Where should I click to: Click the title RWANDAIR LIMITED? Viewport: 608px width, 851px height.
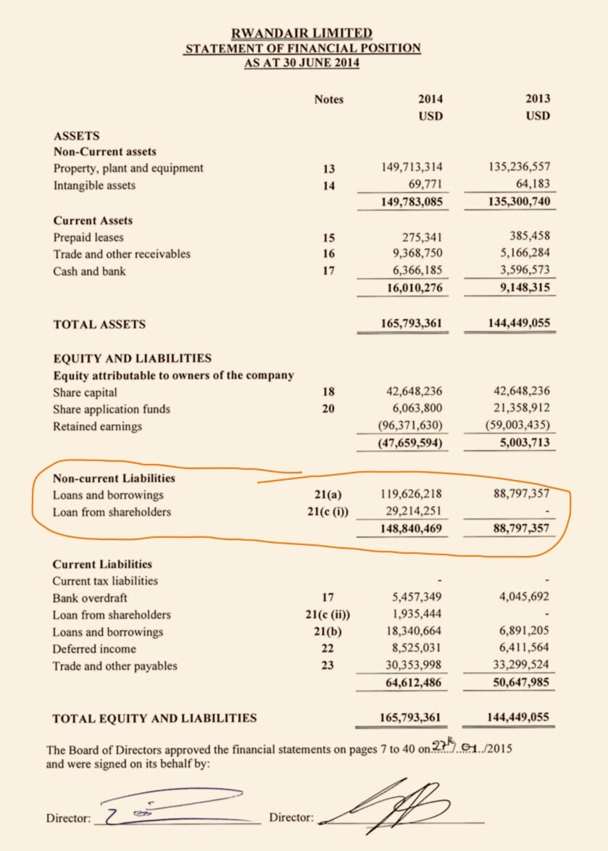coord(301,33)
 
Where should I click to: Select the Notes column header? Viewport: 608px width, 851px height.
coord(328,99)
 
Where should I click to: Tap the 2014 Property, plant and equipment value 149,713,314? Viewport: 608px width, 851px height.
coord(412,168)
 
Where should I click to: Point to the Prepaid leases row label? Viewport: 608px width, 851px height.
coord(88,237)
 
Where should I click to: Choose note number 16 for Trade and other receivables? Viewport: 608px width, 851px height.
coord(328,254)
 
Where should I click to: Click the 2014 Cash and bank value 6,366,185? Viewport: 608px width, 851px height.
coord(412,271)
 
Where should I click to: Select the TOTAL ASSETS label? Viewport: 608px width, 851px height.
coord(99,324)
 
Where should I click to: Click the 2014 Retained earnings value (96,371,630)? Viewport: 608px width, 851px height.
coord(410,426)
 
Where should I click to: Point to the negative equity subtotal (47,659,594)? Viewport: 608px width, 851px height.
coord(410,444)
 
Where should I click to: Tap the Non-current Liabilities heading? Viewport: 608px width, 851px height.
coord(114,478)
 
